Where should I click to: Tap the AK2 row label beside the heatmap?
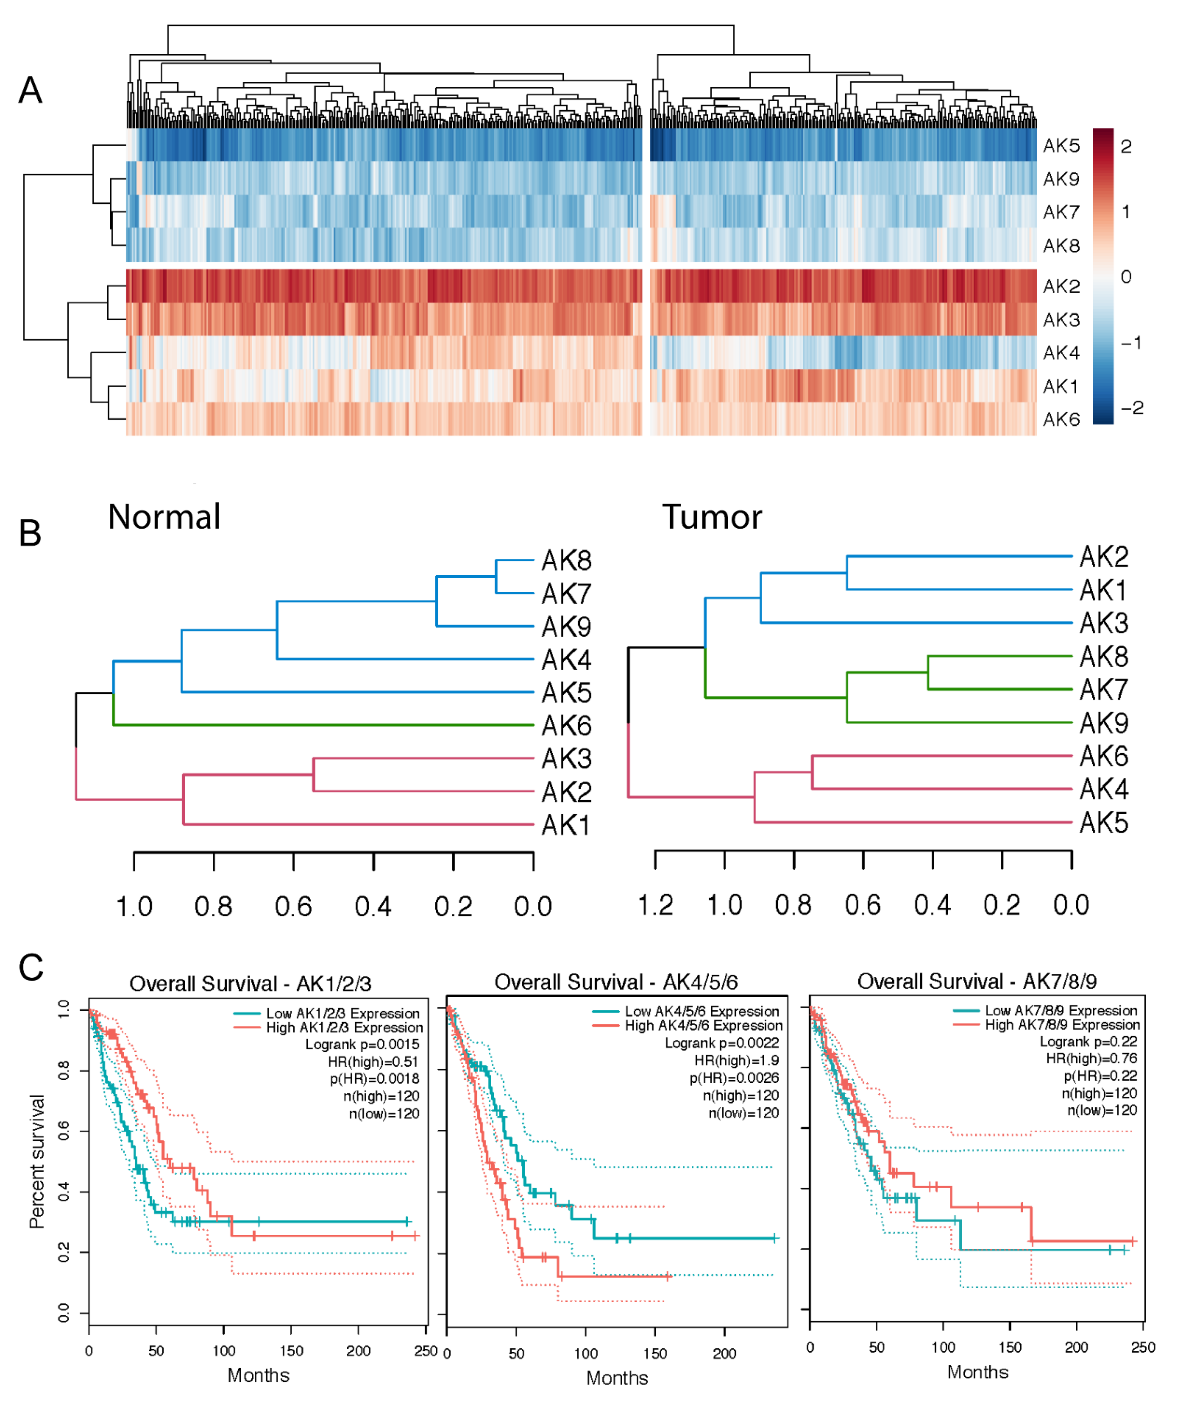tap(1061, 286)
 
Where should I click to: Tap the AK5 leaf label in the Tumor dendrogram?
tap(1103, 822)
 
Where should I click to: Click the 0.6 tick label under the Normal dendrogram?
tap(293, 907)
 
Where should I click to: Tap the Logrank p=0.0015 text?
tap(362, 1045)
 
